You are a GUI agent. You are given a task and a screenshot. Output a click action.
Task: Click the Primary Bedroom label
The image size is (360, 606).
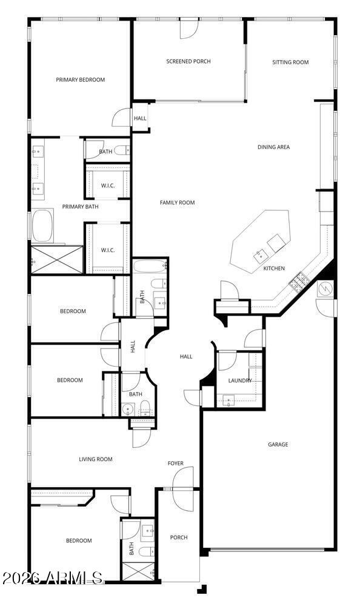81,79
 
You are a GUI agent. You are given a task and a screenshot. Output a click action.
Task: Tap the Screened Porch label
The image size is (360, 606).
188,61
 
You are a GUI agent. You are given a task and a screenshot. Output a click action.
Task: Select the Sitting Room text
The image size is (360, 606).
290,62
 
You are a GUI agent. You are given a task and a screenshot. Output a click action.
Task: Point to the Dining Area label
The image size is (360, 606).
274,147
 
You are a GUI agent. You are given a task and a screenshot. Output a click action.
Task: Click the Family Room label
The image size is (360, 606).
177,202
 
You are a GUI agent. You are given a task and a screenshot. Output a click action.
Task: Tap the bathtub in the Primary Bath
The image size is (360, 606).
43,225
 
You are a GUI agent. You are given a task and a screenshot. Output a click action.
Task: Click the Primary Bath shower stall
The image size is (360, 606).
57,260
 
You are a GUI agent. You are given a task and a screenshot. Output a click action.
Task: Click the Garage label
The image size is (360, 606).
278,444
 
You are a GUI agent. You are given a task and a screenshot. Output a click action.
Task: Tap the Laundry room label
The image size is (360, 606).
240,381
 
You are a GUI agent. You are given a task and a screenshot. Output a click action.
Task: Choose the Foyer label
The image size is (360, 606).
176,463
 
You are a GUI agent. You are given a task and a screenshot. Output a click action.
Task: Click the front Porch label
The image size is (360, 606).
179,537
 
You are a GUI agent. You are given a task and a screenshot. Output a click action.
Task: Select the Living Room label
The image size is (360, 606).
96,459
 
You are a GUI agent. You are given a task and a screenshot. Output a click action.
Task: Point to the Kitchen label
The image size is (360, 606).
274,268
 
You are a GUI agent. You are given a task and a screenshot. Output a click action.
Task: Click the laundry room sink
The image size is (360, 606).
228,400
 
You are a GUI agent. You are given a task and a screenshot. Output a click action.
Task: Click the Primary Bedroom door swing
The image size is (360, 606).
121,117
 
